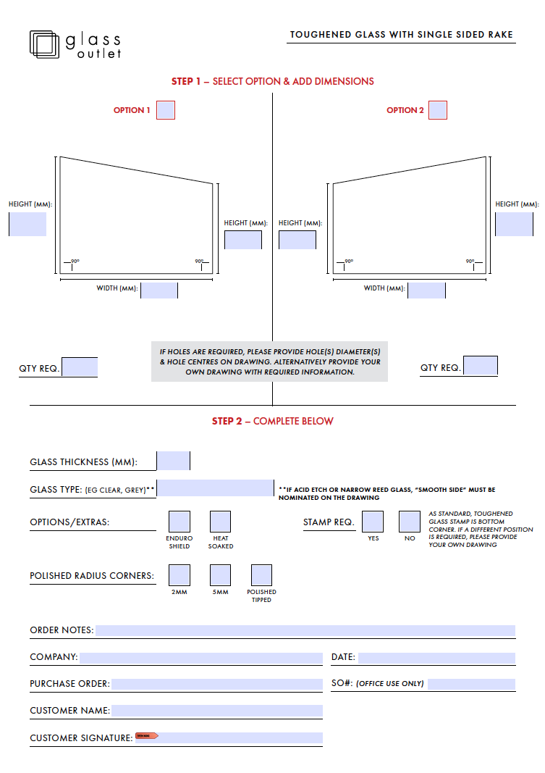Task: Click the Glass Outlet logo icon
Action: click(44, 43)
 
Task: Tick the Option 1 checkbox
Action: click(166, 110)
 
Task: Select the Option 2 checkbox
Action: click(438, 110)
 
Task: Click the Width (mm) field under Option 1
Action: click(159, 290)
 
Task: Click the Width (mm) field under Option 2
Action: click(427, 290)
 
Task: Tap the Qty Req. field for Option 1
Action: click(80, 367)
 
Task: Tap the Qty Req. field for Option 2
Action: click(481, 366)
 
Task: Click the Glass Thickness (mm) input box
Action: click(174, 461)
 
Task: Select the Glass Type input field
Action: click(216, 488)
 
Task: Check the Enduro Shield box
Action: click(179, 522)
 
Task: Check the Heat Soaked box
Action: click(221, 522)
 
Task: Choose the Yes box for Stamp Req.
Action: click(373, 522)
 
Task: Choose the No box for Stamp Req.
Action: click(410, 522)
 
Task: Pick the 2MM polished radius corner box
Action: click(179, 575)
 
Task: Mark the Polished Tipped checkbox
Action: click(261, 575)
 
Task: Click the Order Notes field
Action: click(305, 630)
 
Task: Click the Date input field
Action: click(436, 658)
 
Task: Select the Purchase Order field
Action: click(216, 684)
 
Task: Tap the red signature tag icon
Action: click(147, 736)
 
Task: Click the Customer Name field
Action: click(216, 711)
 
